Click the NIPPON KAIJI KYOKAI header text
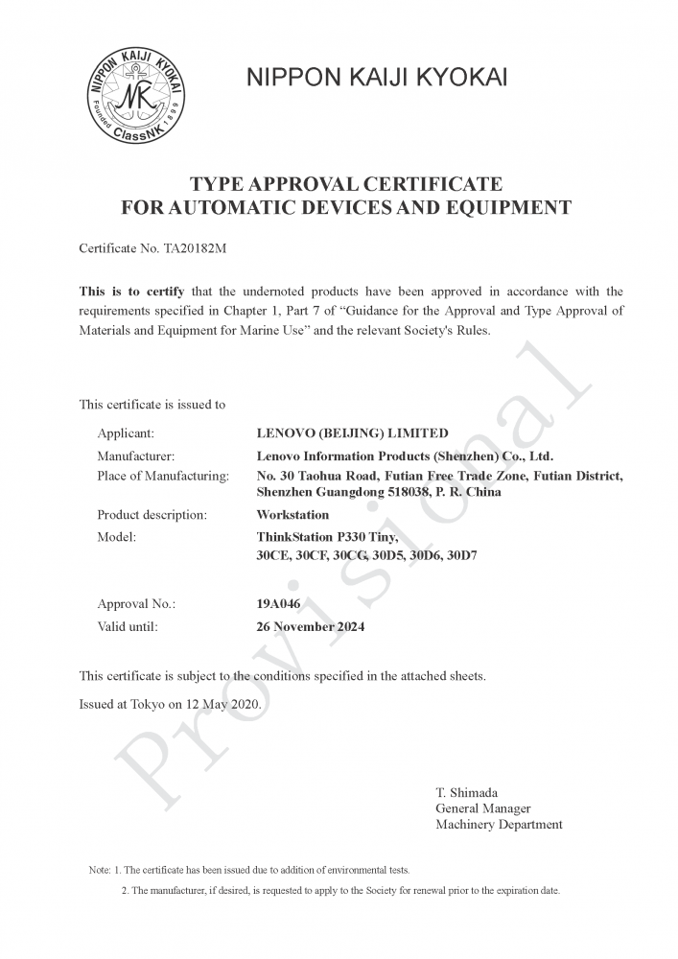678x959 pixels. (x=377, y=78)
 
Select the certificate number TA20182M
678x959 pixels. (x=196, y=248)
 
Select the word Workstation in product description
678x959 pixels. (x=292, y=515)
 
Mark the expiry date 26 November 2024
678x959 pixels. (x=311, y=627)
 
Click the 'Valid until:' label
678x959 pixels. (x=128, y=627)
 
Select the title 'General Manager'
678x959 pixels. (x=482, y=808)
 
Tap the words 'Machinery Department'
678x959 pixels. (x=499, y=825)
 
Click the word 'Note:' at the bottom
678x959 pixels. (x=100, y=871)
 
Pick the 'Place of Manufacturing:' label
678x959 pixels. (x=163, y=476)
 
